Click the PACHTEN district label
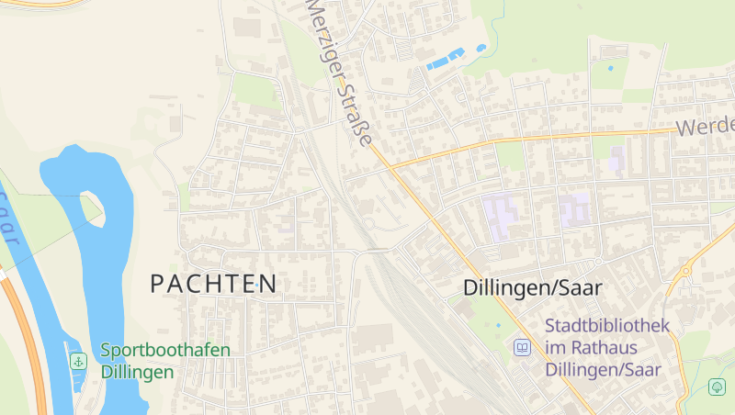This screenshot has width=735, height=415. click(x=213, y=284)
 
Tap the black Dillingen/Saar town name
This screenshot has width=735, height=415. click(x=533, y=287)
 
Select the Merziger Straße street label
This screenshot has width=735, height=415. click(x=339, y=73)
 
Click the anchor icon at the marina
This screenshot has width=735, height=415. click(x=79, y=362)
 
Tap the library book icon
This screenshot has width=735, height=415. click(x=522, y=348)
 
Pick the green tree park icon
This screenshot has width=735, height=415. click(x=718, y=387)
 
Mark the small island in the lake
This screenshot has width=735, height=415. click(x=92, y=207)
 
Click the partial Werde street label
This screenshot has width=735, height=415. click(x=707, y=126)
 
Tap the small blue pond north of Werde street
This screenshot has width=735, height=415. click(x=611, y=68)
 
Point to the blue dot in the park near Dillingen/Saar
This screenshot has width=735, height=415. click(x=499, y=325)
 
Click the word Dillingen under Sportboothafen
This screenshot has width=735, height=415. click(x=137, y=373)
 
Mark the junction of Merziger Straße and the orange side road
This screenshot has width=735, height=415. click(x=390, y=167)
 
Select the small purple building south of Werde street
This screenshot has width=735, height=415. click(x=616, y=161)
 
